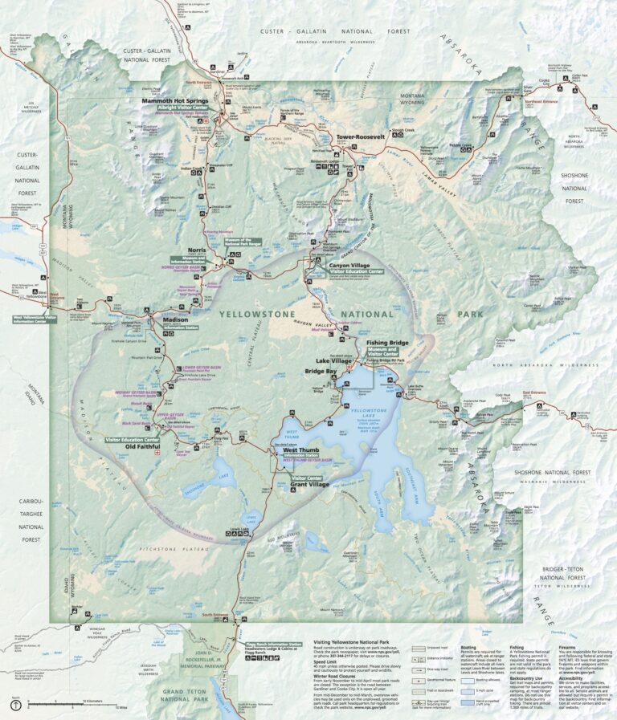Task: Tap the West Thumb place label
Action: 300,450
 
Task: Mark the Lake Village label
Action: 335,361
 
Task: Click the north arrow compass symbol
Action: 17,703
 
